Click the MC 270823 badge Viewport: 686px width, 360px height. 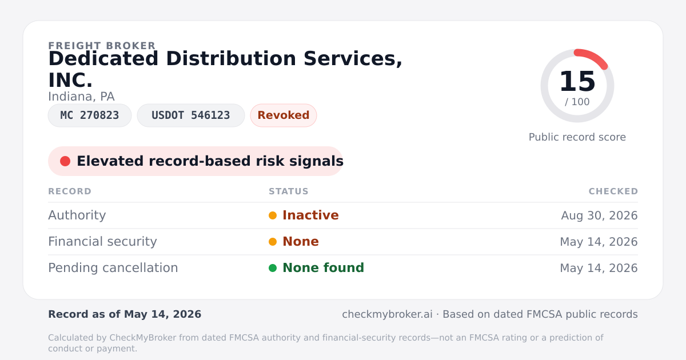click(90, 115)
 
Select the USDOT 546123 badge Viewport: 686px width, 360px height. click(191, 115)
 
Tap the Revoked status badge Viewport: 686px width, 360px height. click(284, 115)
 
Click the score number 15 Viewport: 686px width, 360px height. click(577, 81)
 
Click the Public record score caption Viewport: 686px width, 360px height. click(577, 137)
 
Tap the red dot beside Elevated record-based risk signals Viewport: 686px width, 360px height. click(65, 161)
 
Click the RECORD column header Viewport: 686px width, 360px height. click(70, 191)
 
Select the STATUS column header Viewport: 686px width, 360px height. click(289, 191)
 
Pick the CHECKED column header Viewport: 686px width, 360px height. click(613, 191)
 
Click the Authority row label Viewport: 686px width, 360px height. click(77, 215)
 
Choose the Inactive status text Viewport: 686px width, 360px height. click(310, 215)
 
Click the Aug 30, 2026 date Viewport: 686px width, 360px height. click(599, 215)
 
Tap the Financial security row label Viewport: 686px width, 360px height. click(102, 242)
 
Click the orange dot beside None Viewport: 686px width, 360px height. click(273, 242)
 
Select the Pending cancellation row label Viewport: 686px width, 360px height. click(113, 268)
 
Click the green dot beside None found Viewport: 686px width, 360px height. click(273, 268)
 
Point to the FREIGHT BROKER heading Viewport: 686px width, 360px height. click(102, 46)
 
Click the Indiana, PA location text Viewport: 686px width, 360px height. click(81, 97)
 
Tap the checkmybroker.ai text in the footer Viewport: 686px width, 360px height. click(387, 314)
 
